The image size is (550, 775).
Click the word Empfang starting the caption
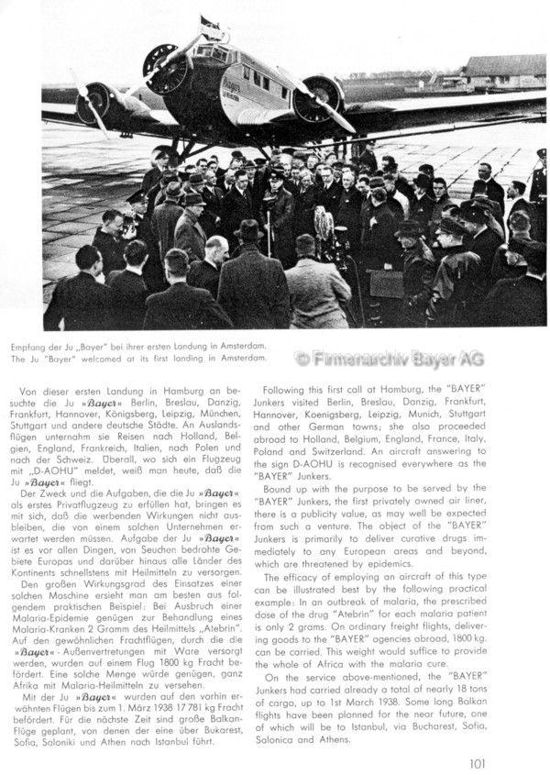click(x=64, y=346)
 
